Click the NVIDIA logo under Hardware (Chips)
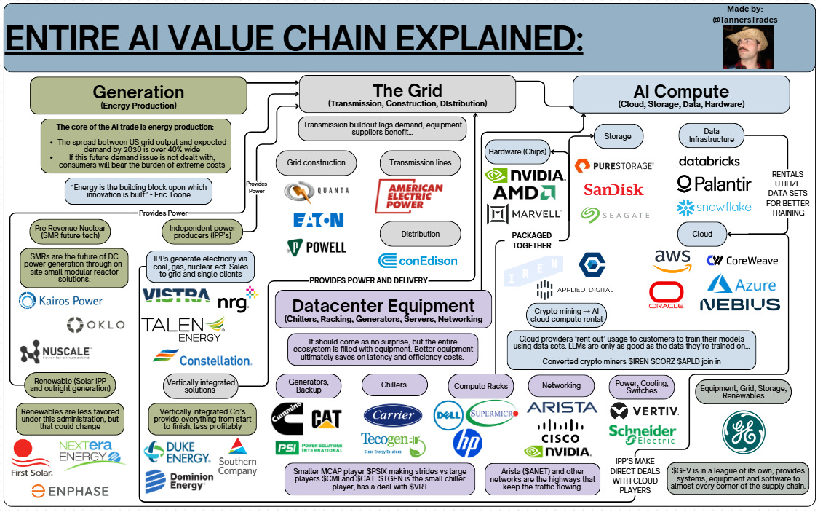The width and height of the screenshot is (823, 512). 525,175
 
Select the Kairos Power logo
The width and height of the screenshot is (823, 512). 61,300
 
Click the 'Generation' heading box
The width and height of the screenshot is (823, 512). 138,96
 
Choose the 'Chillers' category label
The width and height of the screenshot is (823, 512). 393,384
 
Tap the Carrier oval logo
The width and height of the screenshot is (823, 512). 393,415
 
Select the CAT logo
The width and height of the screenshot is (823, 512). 325,419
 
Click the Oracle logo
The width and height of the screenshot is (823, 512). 667,296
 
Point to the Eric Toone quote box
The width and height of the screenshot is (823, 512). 138,192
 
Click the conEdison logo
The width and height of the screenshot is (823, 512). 418,260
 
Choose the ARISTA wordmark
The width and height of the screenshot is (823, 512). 561,408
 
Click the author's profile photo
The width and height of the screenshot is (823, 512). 747,44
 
